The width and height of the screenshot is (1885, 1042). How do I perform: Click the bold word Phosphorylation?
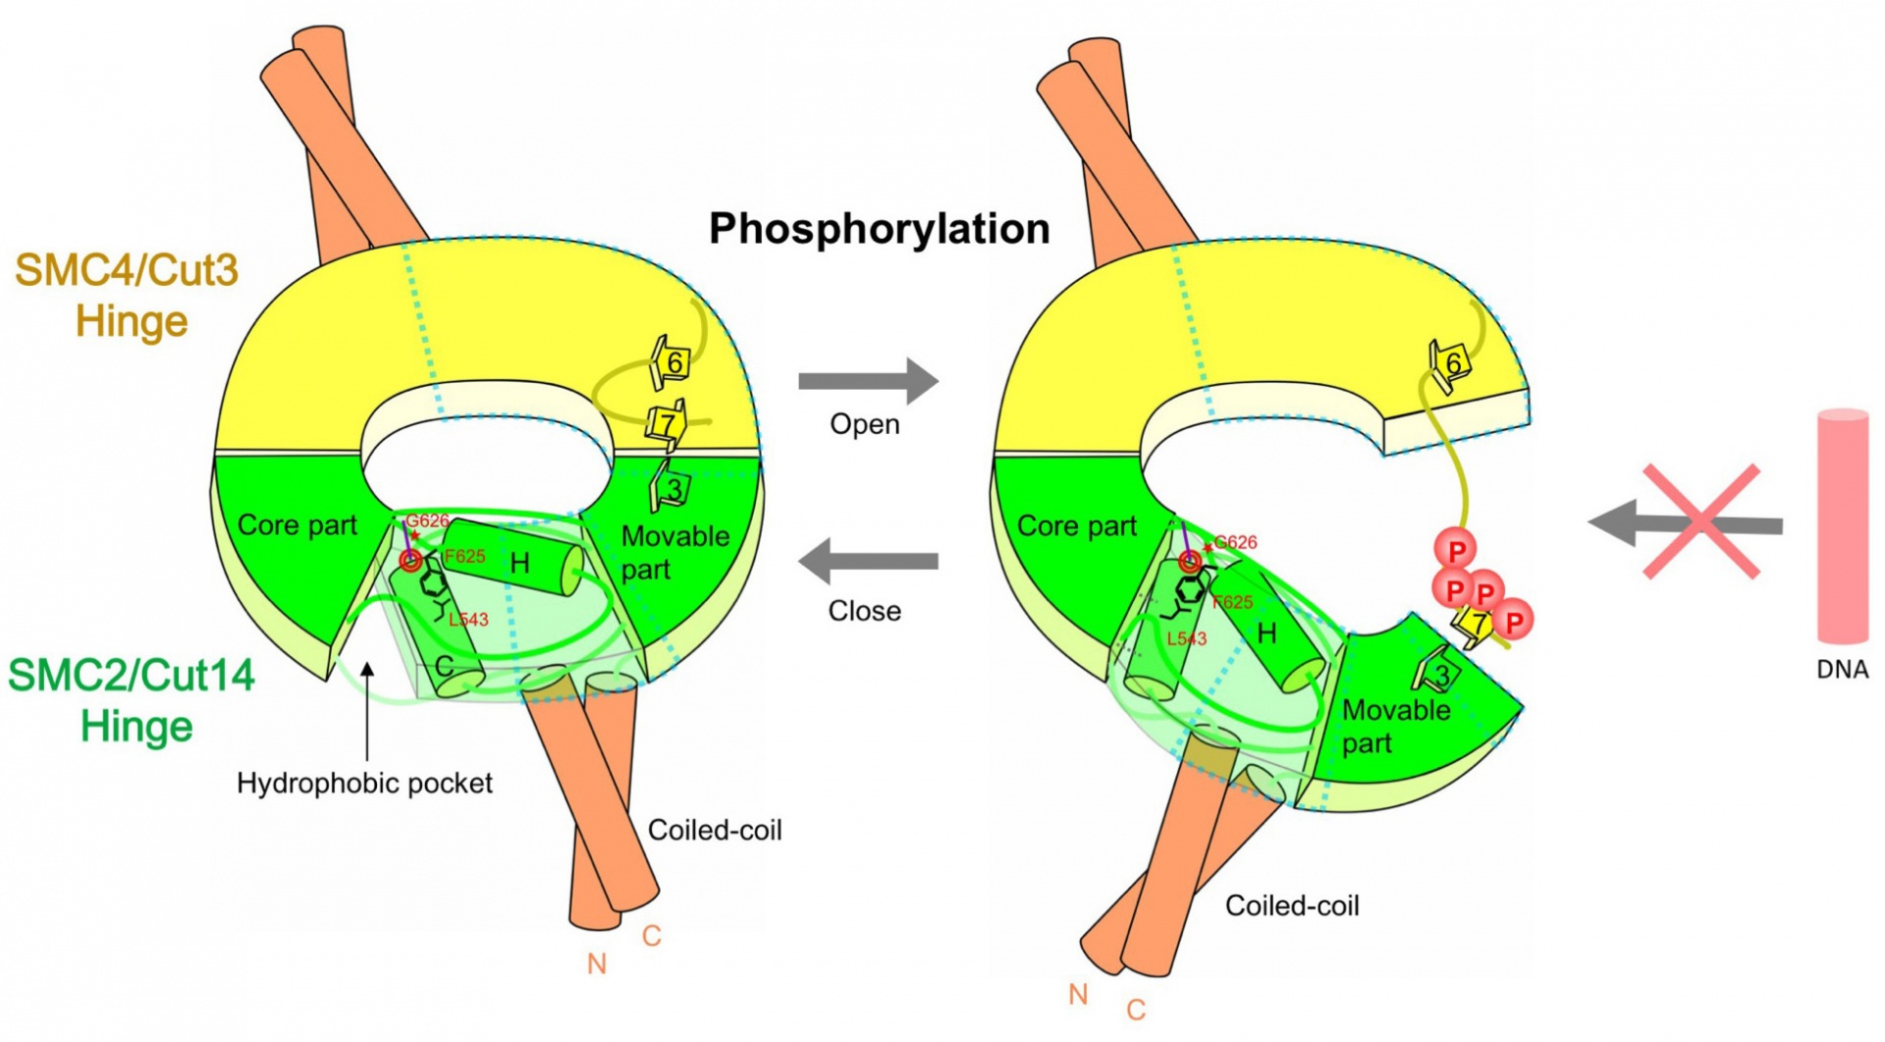pyautogui.click(x=879, y=229)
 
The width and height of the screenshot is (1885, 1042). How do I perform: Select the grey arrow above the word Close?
pyautogui.click(x=868, y=562)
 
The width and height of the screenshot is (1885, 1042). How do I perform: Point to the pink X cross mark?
pyautogui.click(x=1701, y=521)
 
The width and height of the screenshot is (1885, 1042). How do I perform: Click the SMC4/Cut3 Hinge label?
pyautogui.click(x=128, y=296)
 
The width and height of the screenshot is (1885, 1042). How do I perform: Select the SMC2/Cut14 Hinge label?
pyautogui.click(x=133, y=701)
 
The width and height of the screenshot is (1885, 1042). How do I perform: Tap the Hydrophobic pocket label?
pyautogui.click(x=364, y=784)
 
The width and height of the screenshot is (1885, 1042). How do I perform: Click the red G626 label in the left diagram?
pyautogui.click(x=427, y=521)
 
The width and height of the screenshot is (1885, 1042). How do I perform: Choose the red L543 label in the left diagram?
pyautogui.click(x=468, y=620)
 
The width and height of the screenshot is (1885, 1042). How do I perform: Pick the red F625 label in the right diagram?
pyautogui.click(x=1232, y=602)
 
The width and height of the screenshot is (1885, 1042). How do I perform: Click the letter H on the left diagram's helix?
pyautogui.click(x=520, y=564)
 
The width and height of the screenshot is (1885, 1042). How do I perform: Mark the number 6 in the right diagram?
pyautogui.click(x=1454, y=364)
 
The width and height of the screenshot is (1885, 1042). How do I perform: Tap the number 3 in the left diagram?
pyautogui.click(x=673, y=489)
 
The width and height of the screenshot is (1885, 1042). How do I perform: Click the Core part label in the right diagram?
pyautogui.click(x=1076, y=526)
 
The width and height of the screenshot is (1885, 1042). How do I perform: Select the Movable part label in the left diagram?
pyautogui.click(x=674, y=553)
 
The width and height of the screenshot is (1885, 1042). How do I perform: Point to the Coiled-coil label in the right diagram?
pyautogui.click(x=1292, y=905)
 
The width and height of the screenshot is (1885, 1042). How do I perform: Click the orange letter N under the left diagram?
pyautogui.click(x=596, y=964)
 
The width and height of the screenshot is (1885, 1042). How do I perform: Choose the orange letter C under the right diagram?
pyautogui.click(x=1136, y=1010)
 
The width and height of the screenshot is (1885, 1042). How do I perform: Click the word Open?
pyautogui.click(x=864, y=424)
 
